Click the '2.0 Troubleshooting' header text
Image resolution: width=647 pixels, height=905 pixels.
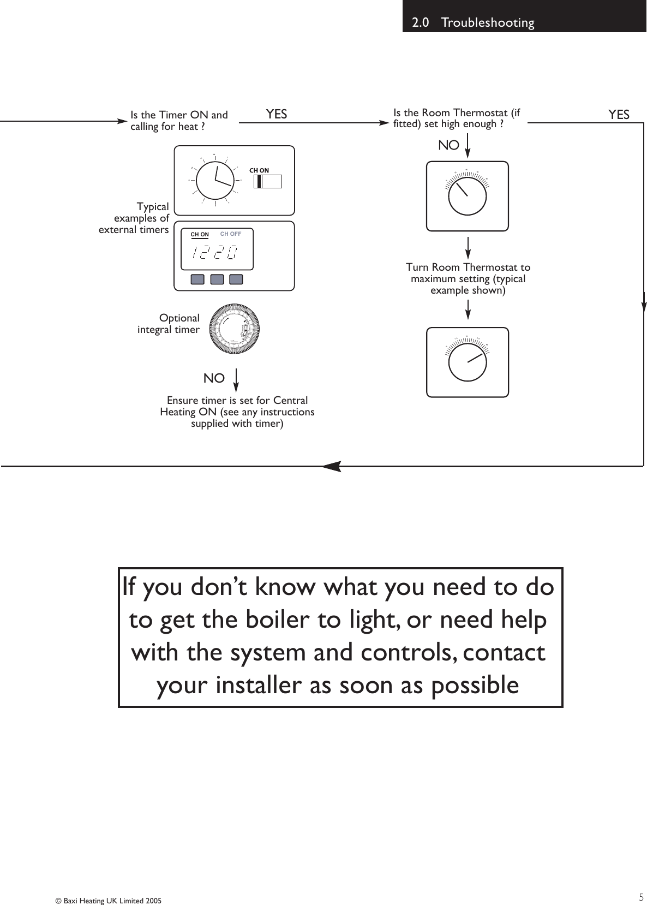[473, 23]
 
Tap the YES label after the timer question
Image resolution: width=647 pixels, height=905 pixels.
[277, 114]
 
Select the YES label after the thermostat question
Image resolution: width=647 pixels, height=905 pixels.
[619, 115]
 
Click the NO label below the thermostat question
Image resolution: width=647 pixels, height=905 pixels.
[449, 146]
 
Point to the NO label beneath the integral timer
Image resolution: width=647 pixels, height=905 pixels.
[214, 378]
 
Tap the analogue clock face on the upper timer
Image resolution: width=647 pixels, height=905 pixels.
[215, 181]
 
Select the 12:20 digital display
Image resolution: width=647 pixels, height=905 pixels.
[215, 252]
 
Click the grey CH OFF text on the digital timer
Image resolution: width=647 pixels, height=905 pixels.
[230, 234]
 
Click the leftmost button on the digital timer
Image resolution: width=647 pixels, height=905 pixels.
[197, 279]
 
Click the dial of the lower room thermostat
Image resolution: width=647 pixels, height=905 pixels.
[467, 362]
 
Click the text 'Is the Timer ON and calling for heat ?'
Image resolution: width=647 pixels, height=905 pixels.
[179, 121]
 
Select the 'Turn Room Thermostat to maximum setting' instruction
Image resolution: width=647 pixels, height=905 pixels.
[468, 278]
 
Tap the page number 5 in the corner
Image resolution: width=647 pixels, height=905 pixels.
[641, 897]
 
